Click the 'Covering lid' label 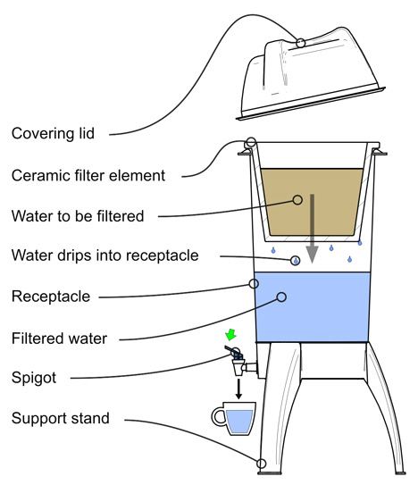point(53,134)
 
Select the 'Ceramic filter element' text point(88,176)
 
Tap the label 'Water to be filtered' point(78,216)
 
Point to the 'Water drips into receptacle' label point(104,255)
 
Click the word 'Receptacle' point(51,297)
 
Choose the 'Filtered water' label point(60,339)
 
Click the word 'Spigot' point(34,378)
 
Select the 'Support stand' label point(61,418)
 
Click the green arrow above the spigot point(230,335)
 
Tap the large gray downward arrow point(313,229)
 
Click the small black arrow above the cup point(238,389)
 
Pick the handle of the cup point(217,416)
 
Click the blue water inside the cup point(239,422)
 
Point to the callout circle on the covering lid point(300,43)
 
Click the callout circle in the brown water point(297,200)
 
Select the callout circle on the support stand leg point(261,464)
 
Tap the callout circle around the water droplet point(296,261)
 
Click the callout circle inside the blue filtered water point(281,297)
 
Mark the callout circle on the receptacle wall point(254,283)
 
